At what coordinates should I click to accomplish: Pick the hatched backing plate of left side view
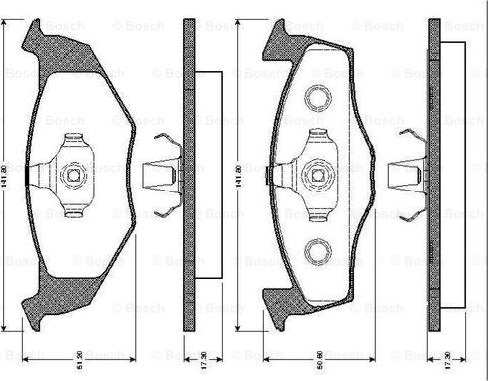189,174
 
